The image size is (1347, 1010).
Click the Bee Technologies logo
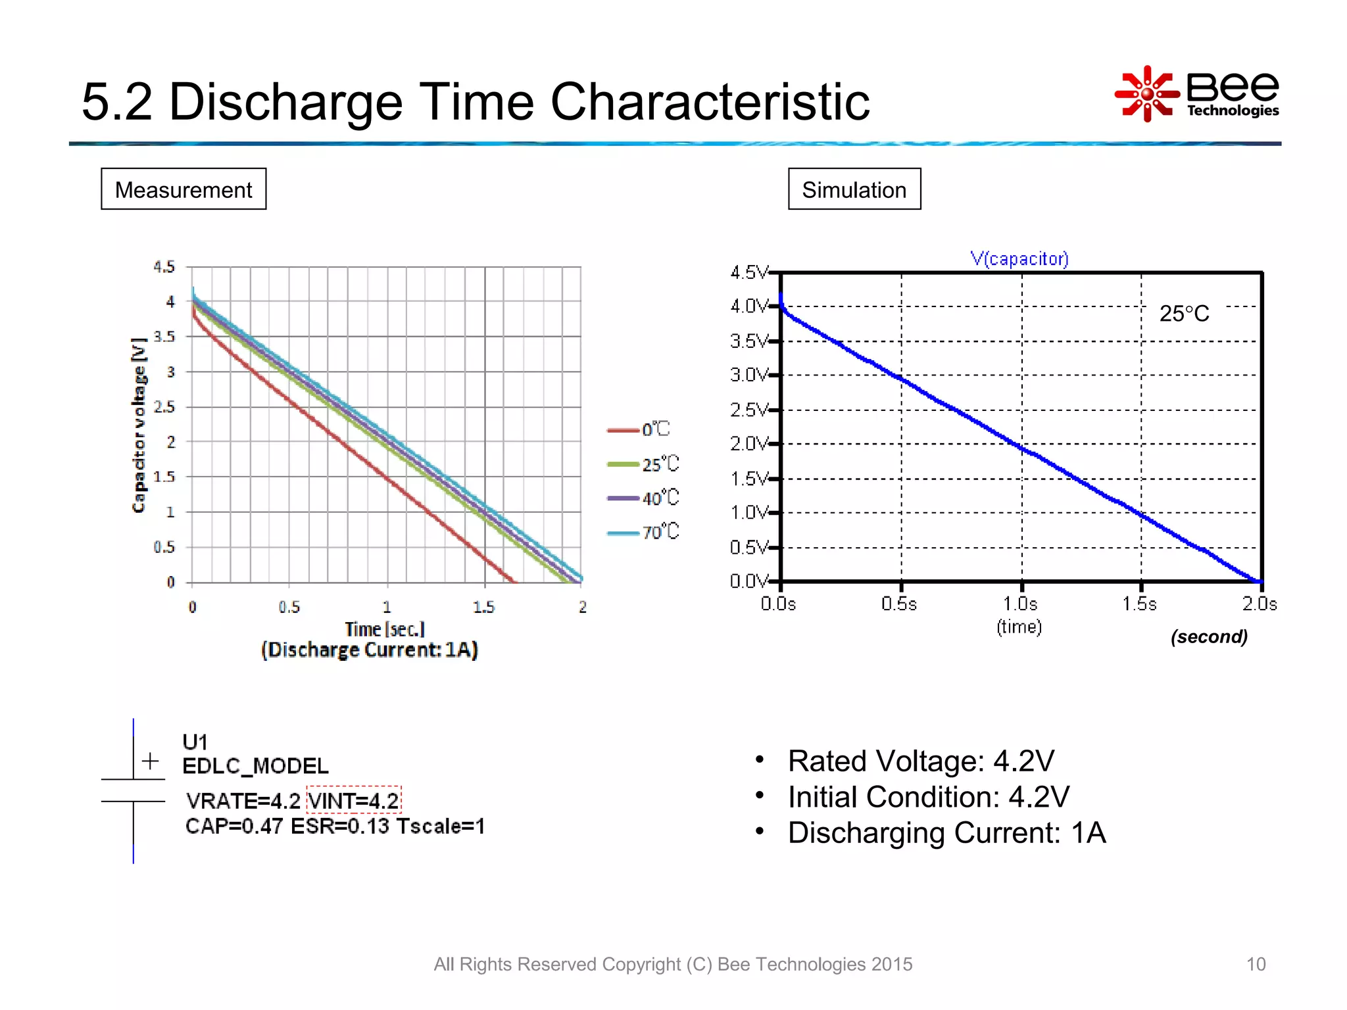1197,94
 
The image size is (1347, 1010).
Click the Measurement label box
184,189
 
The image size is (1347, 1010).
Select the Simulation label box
854,189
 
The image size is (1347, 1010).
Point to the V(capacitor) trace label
1019,258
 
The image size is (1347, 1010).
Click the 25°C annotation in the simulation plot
1183,314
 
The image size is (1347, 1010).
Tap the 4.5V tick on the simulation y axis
748,272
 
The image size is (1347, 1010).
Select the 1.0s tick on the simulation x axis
1020,604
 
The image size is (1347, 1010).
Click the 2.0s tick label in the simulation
1259,604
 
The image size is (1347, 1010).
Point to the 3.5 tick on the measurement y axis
164,337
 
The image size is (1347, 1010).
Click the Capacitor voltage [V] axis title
139,425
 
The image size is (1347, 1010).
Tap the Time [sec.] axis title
385,629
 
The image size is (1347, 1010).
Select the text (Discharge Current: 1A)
370,650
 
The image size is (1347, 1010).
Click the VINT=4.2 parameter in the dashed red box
354,800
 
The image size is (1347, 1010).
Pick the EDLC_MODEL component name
255,766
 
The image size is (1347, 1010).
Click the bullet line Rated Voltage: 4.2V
920,761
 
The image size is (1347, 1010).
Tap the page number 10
1255,964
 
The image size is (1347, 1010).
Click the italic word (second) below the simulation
1208,637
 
